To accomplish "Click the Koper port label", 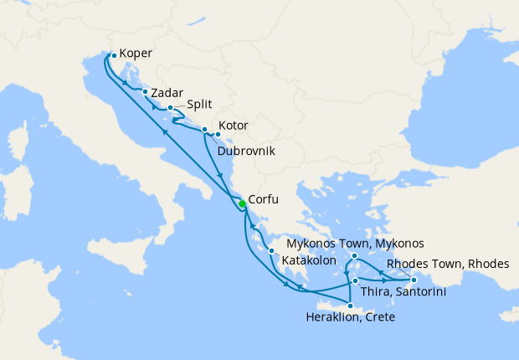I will pos(136,53).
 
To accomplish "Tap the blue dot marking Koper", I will pos(114,56).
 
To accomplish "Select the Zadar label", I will pos(167,93).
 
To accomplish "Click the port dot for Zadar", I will pos(146,92).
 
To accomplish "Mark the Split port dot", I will pos(170,108).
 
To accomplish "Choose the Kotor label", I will pos(233,126).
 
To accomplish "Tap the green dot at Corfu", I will pos(241,204).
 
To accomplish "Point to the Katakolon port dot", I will pos(272,250).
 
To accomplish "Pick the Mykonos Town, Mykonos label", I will pos(355,244).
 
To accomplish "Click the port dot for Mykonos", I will pos(355,256).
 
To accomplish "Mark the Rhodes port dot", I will pos(414,280).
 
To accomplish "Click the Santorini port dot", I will pos(356,280).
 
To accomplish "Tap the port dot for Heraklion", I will pos(350,306).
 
